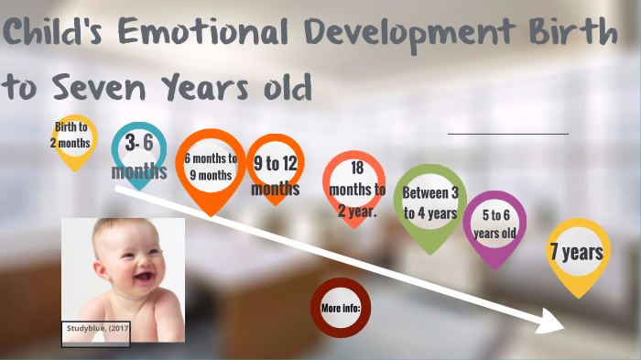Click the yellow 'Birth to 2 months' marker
71,136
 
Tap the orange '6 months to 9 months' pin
210,165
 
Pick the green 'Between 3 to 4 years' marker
429,202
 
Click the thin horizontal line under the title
507,134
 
